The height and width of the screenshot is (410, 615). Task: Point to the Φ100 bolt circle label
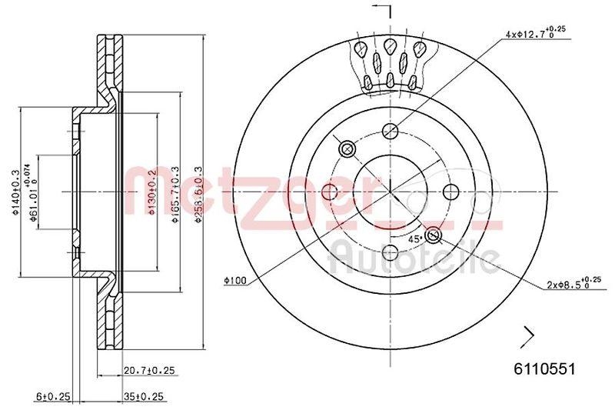(234, 281)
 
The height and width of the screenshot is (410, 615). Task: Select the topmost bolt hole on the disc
(390, 131)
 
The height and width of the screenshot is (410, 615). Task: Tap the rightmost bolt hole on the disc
(450, 192)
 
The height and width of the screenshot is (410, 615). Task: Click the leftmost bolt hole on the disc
(329, 192)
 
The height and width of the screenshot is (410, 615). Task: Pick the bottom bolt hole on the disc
(390, 252)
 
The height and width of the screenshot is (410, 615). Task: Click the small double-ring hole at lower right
(433, 235)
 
